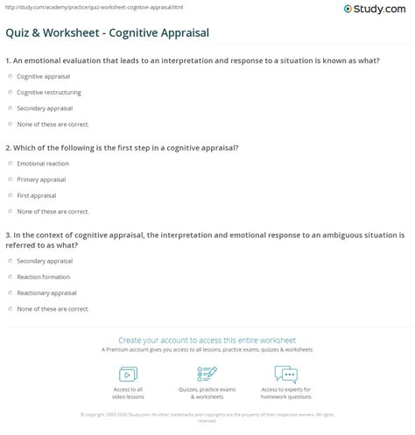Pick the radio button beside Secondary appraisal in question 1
click(11, 109)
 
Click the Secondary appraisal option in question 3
click(43, 261)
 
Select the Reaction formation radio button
click(11, 277)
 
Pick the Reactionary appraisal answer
click(46, 291)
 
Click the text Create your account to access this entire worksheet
click(207, 340)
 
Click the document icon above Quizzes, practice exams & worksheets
click(207, 375)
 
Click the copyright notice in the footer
click(207, 417)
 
